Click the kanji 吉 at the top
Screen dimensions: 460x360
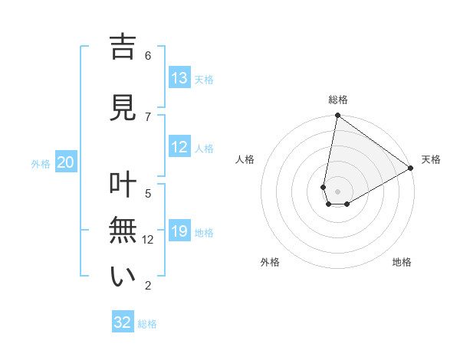[123, 48]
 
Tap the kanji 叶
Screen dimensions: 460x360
[123, 185]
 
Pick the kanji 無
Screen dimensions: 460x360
[123, 231]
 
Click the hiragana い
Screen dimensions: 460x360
[123, 277]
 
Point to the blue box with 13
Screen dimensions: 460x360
[179, 78]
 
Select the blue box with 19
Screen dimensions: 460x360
[179, 231]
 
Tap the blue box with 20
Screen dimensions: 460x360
[66, 162]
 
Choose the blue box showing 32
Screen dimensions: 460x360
[123, 322]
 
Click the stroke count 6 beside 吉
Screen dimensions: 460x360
[148, 56]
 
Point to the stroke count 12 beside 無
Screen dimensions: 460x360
[149, 240]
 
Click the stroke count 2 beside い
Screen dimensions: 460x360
[148, 286]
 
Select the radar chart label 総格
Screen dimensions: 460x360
[338, 100]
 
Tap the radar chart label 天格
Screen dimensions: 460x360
[431, 159]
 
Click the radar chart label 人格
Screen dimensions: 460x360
[245, 159]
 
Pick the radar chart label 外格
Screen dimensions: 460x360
[270, 262]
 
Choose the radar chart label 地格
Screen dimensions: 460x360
[402, 262]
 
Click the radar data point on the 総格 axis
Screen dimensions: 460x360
[337, 116]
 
